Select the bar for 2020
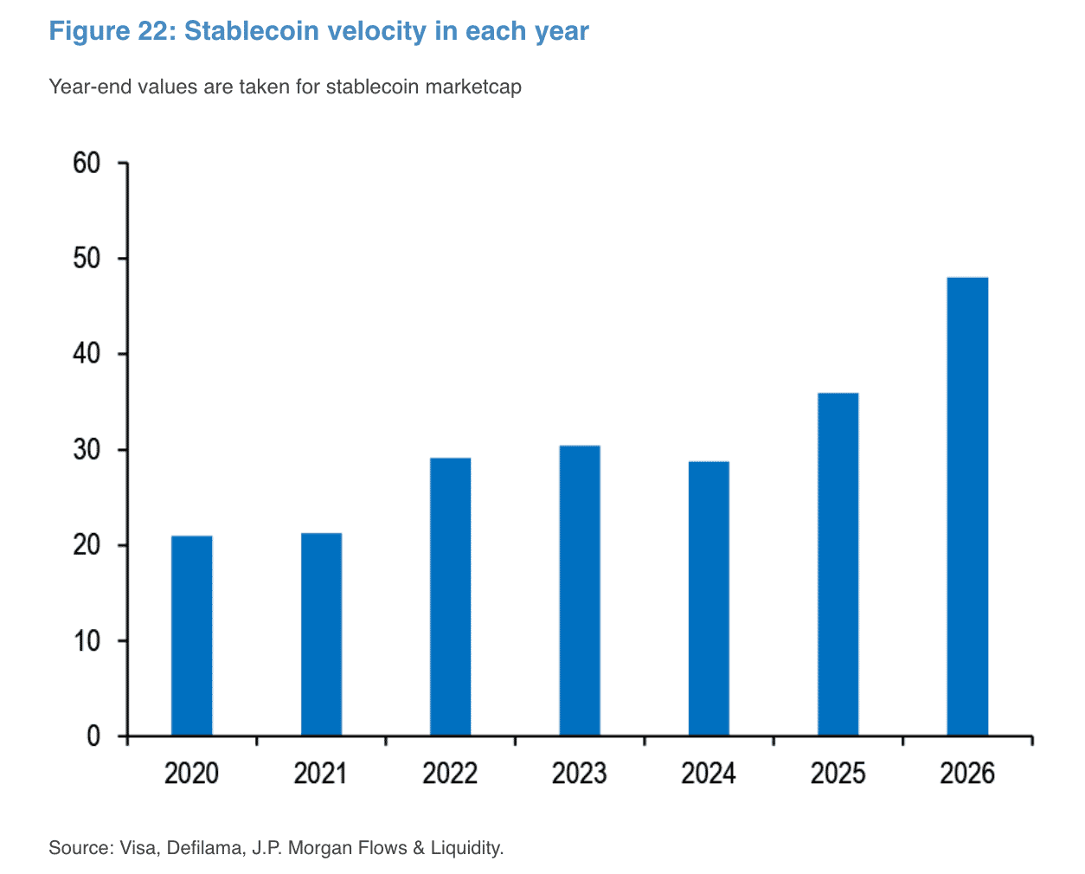[x=191, y=635]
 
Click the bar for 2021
[x=321, y=634]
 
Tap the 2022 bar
[x=450, y=596]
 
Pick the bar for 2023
[x=580, y=590]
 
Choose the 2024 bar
[x=709, y=599]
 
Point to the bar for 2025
[x=838, y=564]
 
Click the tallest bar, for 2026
[x=967, y=506]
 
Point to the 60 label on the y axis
[x=87, y=163]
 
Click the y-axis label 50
[x=87, y=258]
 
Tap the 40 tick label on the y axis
[x=87, y=354]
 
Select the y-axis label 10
[x=87, y=640]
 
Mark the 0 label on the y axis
[x=93, y=736]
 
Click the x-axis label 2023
[x=580, y=773]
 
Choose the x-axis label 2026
[x=967, y=773]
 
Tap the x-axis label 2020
[x=191, y=773]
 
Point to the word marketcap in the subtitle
[x=473, y=87]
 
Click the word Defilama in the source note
[x=206, y=848]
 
